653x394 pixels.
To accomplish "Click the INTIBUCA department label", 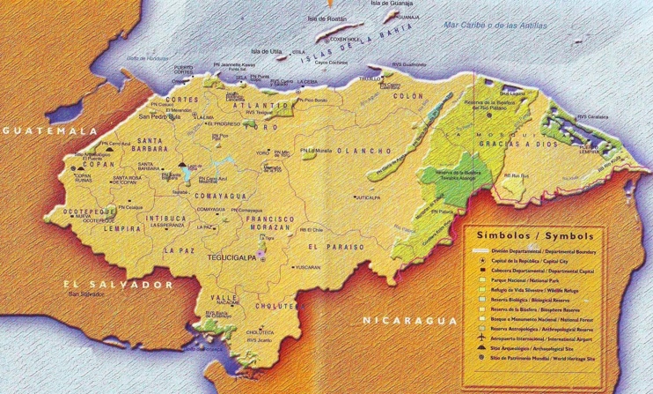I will pyautogui.click(x=168, y=215).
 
